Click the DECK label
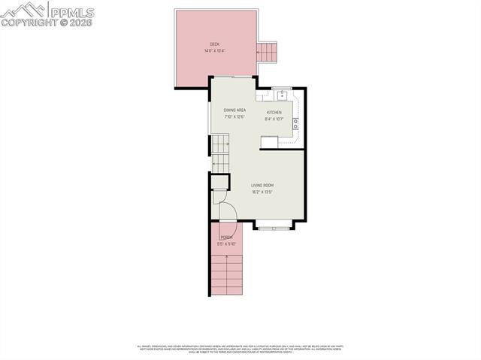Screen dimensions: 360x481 click(x=214, y=44)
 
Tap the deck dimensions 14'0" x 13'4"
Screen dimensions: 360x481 click(x=214, y=51)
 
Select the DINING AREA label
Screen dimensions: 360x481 click(x=234, y=110)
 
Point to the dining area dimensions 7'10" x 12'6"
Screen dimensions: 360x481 click(x=234, y=116)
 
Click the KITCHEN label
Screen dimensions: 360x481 click(x=274, y=113)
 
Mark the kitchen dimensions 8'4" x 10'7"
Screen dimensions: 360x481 click(x=274, y=119)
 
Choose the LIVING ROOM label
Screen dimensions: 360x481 click(x=262, y=185)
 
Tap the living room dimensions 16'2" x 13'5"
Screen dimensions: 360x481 click(x=262, y=192)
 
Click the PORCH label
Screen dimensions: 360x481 click(x=226, y=237)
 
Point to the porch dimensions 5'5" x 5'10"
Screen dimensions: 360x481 click(x=226, y=244)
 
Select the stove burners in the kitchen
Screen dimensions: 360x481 click(x=295, y=123)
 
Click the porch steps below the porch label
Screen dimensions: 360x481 click(x=226, y=274)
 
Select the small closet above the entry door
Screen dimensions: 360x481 click(x=218, y=181)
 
